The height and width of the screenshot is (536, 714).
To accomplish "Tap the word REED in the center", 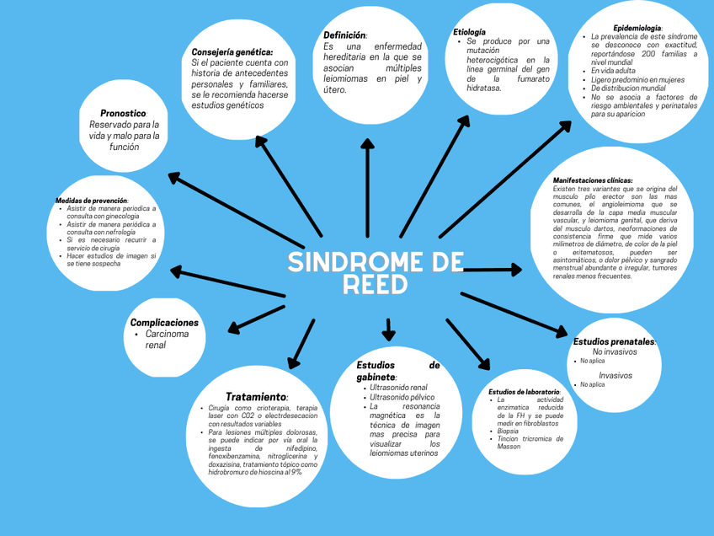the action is [x=375, y=286].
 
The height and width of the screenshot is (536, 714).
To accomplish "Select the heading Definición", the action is [x=344, y=35].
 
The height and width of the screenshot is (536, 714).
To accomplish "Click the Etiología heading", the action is [x=469, y=32].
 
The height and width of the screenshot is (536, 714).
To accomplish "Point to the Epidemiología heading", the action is [x=637, y=28].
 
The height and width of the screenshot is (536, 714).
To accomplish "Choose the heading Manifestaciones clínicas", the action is [x=593, y=180].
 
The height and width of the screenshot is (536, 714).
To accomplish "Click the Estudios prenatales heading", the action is [x=614, y=341].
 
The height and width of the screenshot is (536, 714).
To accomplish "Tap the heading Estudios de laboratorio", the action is [x=524, y=392].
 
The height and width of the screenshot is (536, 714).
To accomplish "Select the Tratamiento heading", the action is [x=256, y=397].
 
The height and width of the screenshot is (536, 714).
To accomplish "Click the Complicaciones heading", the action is [x=164, y=323].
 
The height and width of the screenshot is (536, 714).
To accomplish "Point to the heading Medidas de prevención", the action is [x=91, y=201].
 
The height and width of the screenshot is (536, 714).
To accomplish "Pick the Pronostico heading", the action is [x=123, y=113].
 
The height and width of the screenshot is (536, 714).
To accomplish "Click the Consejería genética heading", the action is [x=232, y=52].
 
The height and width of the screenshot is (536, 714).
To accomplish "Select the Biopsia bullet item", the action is [x=508, y=431].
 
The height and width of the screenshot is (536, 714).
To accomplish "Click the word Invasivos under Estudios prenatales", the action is [x=615, y=375].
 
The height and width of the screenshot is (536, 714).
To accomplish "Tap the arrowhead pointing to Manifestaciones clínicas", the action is [x=514, y=270].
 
